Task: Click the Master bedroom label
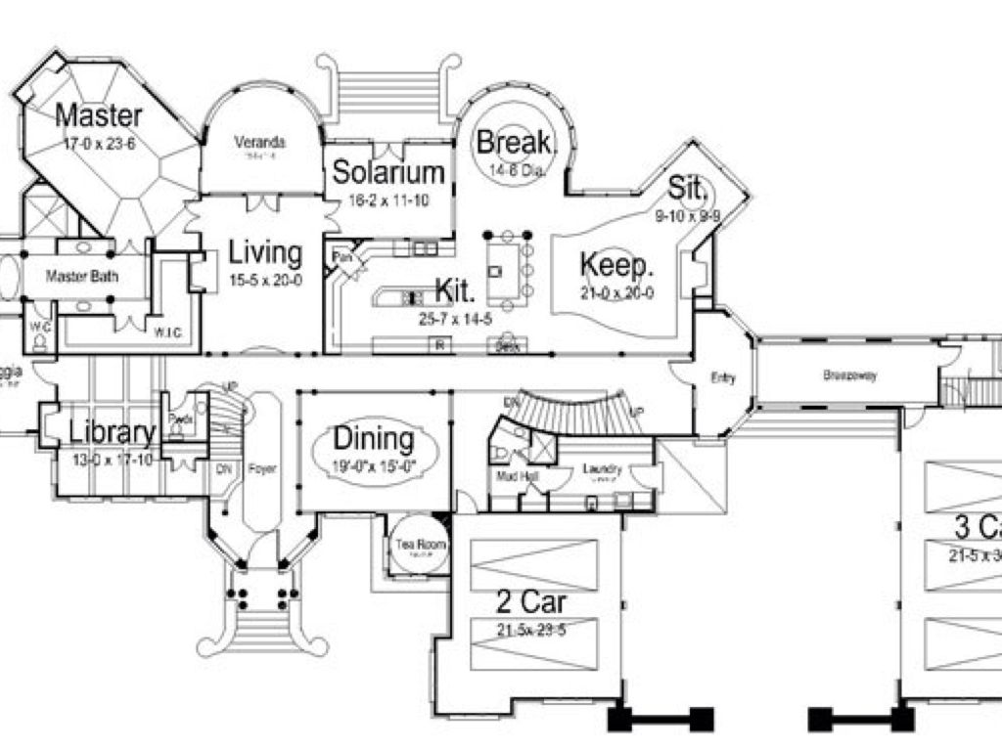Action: point(98,114)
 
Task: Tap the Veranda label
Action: point(259,142)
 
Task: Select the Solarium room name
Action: point(389,173)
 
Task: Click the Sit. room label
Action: point(688,187)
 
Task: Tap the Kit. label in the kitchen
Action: point(455,289)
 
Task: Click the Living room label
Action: point(265,252)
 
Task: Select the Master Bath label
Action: point(82,277)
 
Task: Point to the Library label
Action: point(112,433)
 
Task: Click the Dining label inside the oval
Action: point(374,439)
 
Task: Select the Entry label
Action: point(722,379)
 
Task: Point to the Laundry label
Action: point(602,469)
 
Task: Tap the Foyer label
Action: point(262,468)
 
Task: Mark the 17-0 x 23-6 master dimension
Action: point(98,143)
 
